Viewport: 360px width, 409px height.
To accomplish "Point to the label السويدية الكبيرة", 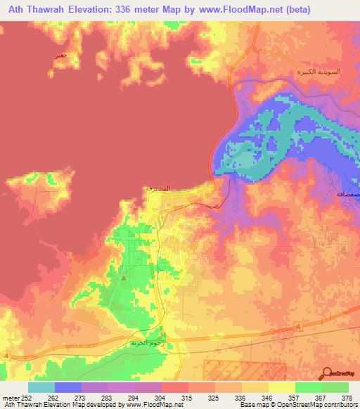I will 316,72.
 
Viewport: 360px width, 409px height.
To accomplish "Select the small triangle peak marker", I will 124,278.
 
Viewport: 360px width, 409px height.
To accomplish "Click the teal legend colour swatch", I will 41,387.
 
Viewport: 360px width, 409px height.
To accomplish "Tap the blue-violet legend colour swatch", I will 68,387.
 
